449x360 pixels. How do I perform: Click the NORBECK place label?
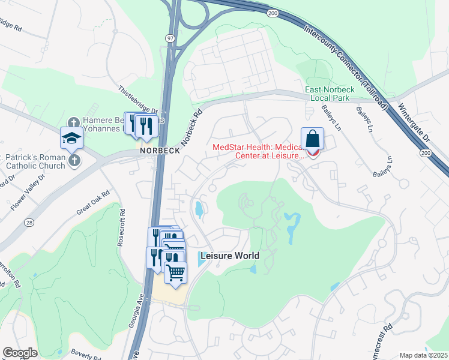pos(160,151)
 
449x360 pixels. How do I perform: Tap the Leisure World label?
pos(229,256)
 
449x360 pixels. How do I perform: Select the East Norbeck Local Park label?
pos(330,94)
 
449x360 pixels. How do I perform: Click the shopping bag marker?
pos(313,139)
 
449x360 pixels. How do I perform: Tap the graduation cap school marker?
pos(71,138)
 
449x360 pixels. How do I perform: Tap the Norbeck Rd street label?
pos(191,123)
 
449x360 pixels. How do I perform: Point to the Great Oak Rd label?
pos(93,202)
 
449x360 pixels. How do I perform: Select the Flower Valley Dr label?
pos(28,192)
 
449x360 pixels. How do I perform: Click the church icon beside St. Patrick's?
pos(74,160)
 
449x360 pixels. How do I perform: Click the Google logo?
pos(20,352)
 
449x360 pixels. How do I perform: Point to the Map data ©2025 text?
pos(423,355)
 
